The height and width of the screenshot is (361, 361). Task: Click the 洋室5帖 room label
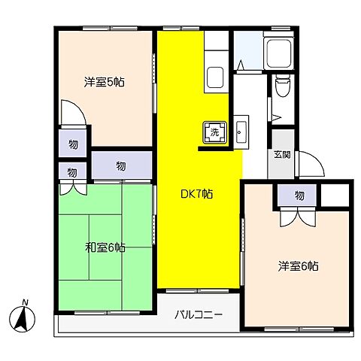(x=104, y=83)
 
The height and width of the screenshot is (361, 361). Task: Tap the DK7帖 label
(x=196, y=193)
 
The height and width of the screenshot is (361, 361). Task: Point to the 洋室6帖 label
(x=298, y=265)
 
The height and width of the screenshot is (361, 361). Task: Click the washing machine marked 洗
(x=213, y=132)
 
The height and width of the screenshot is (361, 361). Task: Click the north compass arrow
(x=25, y=321)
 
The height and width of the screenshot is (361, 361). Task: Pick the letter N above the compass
(x=25, y=302)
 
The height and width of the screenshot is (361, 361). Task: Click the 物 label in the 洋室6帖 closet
(x=299, y=196)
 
